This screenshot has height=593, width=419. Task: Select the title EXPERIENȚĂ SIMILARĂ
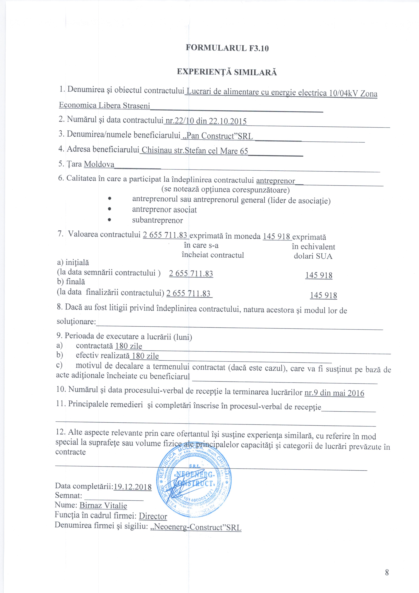tap(227, 72)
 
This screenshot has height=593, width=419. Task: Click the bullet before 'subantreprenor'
tap(110, 220)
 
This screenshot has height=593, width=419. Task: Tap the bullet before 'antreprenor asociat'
tap(110, 209)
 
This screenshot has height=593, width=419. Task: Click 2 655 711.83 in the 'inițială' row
tap(191, 274)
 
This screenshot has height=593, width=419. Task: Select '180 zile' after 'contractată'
tap(129, 346)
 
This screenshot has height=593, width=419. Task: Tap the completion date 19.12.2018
tap(132, 487)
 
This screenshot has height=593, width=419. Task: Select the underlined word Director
tap(153, 516)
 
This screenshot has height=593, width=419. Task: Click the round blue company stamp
tap(194, 482)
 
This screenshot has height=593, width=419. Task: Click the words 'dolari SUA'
tap(313, 256)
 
